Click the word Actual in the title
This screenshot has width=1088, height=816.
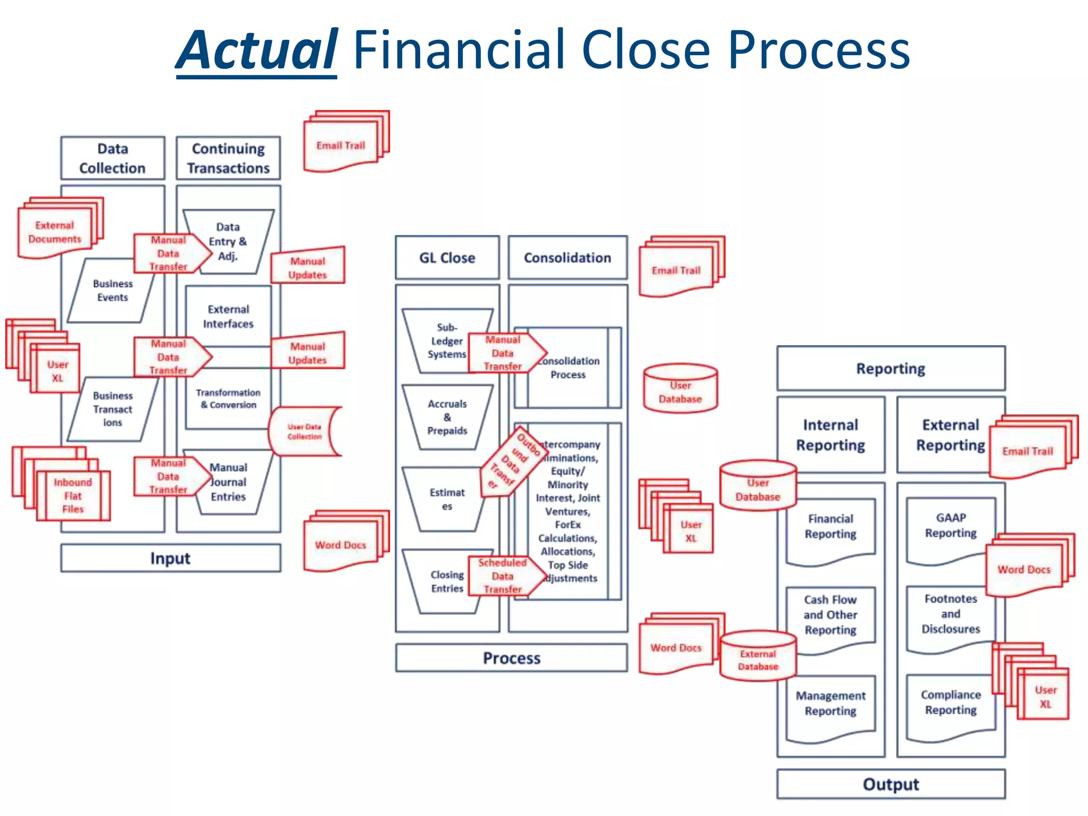(257, 50)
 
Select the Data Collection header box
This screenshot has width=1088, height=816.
(113, 158)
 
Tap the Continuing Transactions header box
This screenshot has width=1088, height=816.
(228, 158)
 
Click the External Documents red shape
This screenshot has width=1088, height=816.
(55, 232)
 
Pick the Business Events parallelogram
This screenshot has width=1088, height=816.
(112, 291)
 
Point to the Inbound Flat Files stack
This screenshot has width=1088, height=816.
(73, 495)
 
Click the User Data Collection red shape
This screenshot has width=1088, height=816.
(304, 431)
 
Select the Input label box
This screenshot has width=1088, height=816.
(170, 558)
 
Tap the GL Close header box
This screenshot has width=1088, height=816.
(447, 258)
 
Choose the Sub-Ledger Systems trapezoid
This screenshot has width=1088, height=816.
(444, 341)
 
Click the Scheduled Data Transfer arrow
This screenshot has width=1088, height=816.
(503, 576)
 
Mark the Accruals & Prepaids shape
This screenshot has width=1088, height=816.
(447, 417)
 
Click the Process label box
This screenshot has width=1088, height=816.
(511, 658)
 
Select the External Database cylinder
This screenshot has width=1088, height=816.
(758, 660)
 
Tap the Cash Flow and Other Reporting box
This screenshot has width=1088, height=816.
(830, 615)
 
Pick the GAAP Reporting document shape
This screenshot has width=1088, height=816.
(950, 526)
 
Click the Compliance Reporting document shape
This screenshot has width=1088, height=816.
(950, 702)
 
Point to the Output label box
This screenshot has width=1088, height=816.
(890, 784)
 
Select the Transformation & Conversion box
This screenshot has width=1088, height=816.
(228, 398)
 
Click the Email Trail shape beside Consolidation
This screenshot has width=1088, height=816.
(676, 270)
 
